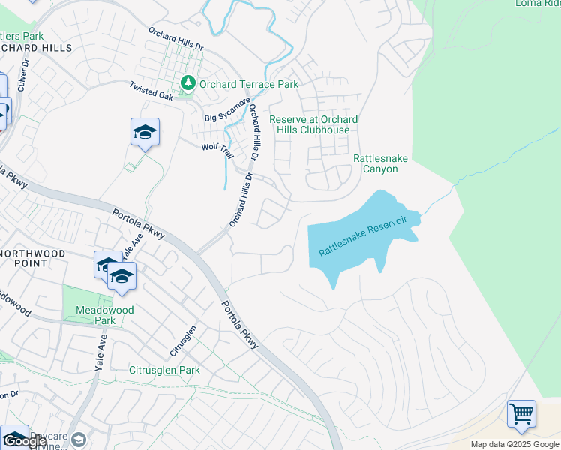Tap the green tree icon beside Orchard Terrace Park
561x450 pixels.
click(x=187, y=83)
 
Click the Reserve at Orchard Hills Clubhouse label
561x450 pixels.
click(x=313, y=124)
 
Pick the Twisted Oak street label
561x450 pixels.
click(x=151, y=91)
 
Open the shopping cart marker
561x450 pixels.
click(x=521, y=413)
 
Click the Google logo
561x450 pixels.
click(x=26, y=440)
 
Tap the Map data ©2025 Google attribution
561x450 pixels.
click(x=515, y=444)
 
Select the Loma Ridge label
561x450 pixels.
click(x=538, y=3)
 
